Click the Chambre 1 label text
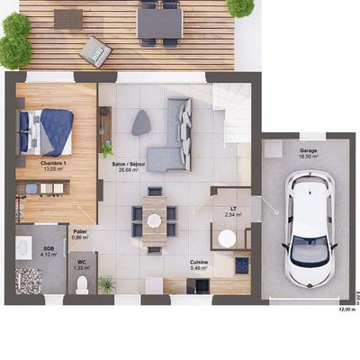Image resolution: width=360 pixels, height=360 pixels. click(x=53, y=165)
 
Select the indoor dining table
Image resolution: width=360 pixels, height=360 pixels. click(x=154, y=219)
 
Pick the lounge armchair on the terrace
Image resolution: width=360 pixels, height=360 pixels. click(x=94, y=51)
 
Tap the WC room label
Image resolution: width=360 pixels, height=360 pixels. click(x=82, y=264)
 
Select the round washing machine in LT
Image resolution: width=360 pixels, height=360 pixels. click(x=228, y=238)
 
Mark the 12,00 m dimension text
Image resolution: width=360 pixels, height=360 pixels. click(x=346, y=309)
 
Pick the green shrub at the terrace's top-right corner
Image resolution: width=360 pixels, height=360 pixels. click(x=240, y=6)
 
